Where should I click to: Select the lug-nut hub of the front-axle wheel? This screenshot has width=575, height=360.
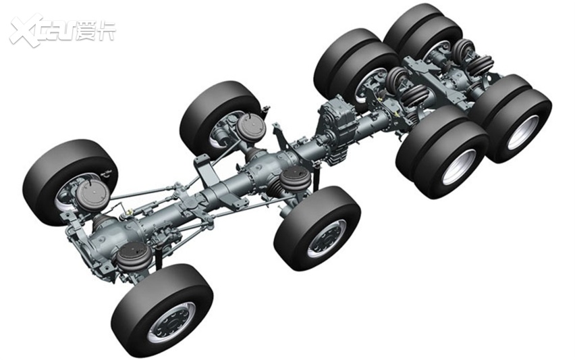pos(171,323)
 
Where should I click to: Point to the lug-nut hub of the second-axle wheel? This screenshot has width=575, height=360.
pos(327,238)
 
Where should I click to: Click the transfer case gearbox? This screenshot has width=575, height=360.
pos(335,132)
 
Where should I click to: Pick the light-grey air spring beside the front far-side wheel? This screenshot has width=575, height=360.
pos(92,195)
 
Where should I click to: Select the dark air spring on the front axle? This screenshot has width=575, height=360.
pos(133,255)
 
